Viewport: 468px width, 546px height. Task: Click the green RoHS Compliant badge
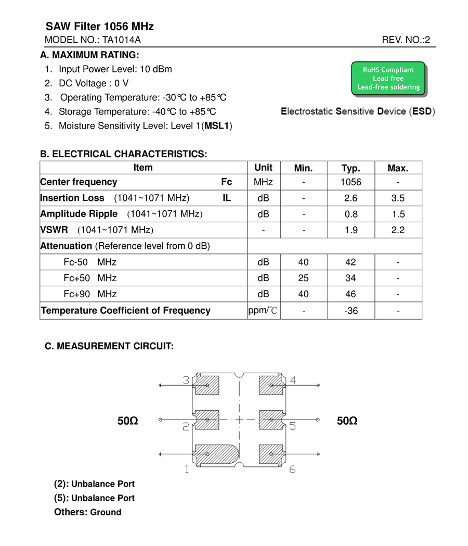[x=388, y=79]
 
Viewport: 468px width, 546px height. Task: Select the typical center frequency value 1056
[x=350, y=182]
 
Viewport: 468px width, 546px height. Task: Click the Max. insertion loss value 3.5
[x=398, y=198]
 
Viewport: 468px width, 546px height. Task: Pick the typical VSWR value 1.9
[x=351, y=230]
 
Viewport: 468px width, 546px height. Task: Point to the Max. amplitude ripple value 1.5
[x=398, y=214]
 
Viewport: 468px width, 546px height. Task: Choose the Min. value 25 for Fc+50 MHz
[x=303, y=278]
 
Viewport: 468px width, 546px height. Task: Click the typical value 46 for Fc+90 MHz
[x=350, y=295]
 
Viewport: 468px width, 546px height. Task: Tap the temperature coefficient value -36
[x=351, y=311]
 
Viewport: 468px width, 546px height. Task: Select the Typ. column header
[x=350, y=168]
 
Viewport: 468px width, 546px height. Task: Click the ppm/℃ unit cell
[x=263, y=311]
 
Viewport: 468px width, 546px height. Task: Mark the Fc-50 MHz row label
[x=90, y=262]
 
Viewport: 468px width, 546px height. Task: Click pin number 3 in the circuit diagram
[x=186, y=380]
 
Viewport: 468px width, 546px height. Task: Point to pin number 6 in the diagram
[x=292, y=469]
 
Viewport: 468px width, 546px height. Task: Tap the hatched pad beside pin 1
[x=215, y=454]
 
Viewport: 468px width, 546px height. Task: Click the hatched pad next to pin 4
[x=271, y=385]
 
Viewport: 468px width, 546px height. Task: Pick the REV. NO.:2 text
[x=406, y=40]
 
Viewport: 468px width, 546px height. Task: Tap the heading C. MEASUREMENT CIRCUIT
[x=109, y=346]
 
